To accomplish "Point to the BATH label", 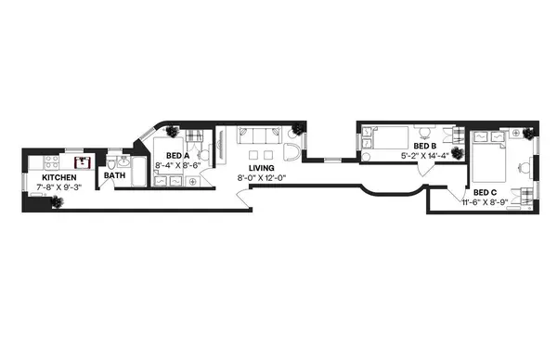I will pos(114,174).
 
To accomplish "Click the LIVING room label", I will pos(261,168).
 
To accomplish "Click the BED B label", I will pos(424,146).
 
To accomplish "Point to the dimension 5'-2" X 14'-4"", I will pos(424,156).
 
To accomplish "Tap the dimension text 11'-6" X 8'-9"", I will pos(486,201).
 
